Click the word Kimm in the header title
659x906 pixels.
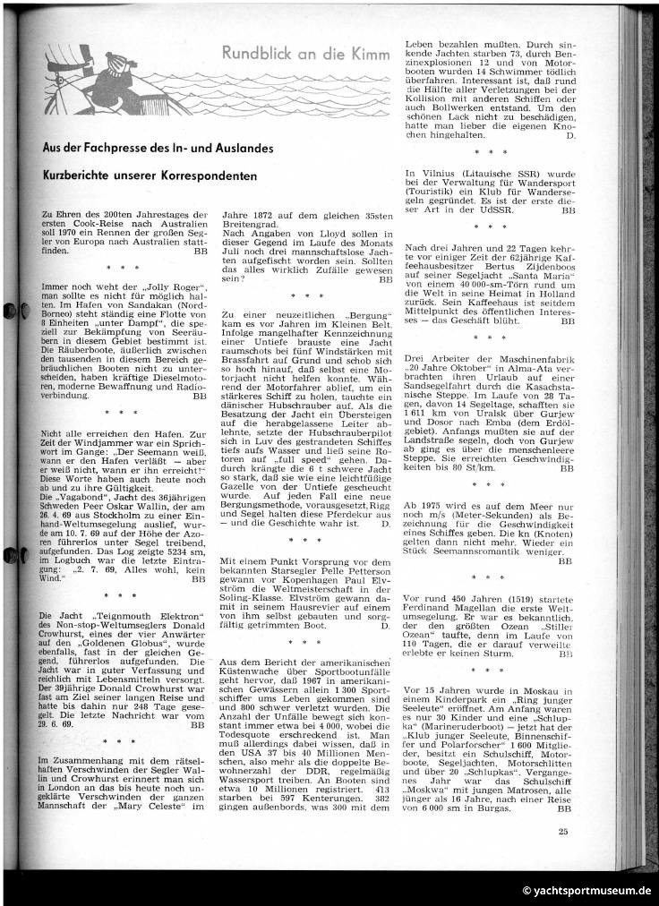[x=372, y=56]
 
